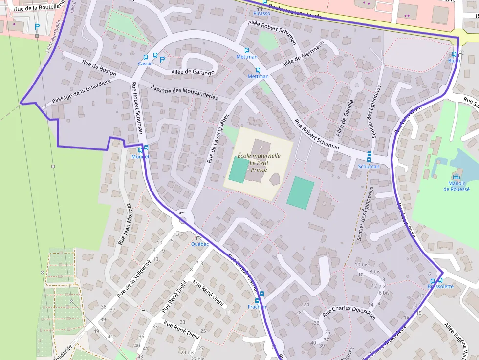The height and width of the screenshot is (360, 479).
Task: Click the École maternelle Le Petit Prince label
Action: [259, 162]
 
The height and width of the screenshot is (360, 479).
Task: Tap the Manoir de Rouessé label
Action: [456, 186]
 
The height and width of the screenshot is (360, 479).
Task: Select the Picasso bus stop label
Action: [261, 13]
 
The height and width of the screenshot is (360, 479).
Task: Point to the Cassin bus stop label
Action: [145, 64]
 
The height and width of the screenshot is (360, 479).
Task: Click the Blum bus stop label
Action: [454, 61]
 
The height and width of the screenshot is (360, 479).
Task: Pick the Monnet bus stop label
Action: [140, 156]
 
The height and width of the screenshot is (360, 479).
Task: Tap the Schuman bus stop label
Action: [369, 166]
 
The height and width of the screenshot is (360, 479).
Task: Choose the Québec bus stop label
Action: [199, 244]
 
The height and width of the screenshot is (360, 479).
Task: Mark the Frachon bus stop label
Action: [257, 307]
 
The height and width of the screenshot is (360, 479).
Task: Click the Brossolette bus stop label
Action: [440, 286]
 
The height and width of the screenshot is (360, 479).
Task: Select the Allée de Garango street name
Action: [194, 73]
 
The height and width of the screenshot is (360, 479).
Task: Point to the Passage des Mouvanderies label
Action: [184, 92]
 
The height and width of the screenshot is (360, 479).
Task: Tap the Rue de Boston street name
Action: [99, 67]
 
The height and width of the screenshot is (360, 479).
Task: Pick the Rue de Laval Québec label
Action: [218, 138]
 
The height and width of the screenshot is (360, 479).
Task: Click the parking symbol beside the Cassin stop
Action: [163, 59]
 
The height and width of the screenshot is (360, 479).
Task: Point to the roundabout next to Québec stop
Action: [183, 220]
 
